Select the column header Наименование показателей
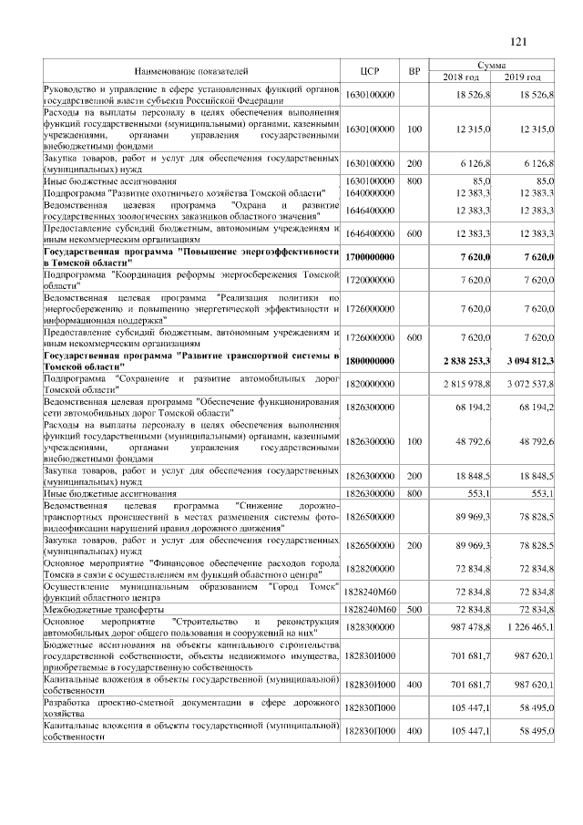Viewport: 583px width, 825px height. (191, 70)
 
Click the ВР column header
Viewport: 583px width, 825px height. (414, 70)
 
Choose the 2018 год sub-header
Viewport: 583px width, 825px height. (461, 77)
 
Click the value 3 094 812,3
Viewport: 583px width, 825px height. (527, 361)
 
